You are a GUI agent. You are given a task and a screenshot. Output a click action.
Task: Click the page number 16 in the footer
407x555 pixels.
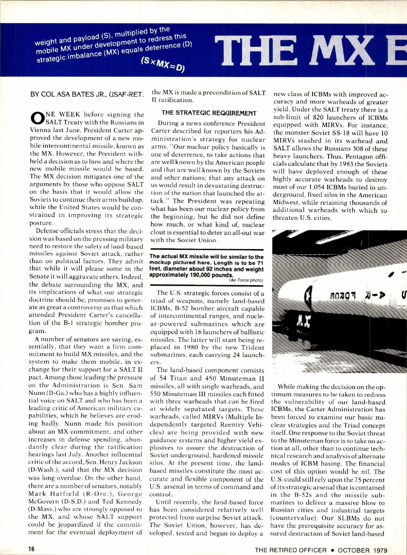click(31, 549)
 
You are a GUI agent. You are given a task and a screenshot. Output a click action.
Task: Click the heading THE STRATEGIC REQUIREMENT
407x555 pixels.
click(209, 113)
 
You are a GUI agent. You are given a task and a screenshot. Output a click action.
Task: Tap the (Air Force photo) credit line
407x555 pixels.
click(246, 280)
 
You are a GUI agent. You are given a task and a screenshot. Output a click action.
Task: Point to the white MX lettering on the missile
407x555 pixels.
click(304, 320)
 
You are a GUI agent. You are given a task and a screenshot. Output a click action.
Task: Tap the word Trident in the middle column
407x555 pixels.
click(253, 347)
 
